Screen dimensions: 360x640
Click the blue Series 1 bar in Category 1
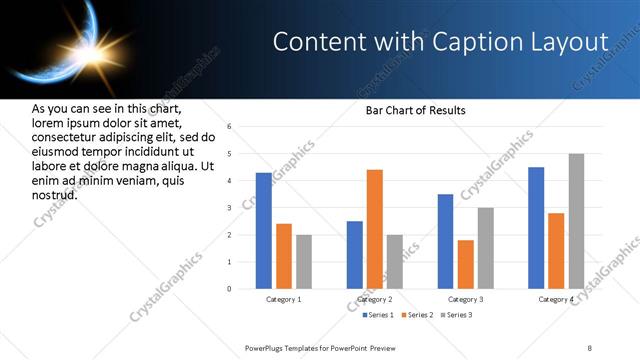(263, 231)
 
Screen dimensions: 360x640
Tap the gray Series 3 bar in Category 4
(576, 221)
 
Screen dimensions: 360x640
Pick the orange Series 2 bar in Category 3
(465, 264)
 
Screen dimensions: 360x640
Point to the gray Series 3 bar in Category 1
(303, 262)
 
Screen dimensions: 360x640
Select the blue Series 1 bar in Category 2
(354, 255)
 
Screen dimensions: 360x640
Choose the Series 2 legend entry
(417, 315)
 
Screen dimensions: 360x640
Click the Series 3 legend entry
(458, 315)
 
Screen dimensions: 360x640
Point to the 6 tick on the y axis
(229, 127)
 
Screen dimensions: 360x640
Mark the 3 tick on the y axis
(229, 208)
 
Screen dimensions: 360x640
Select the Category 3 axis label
(465, 300)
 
